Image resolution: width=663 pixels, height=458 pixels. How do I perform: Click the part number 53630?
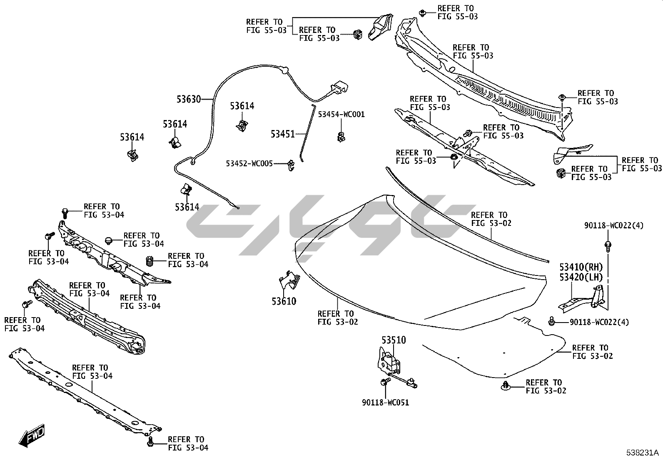(x=189, y=100)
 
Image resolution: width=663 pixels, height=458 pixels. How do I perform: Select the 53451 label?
(x=283, y=134)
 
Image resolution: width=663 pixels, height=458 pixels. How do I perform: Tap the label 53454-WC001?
(x=341, y=114)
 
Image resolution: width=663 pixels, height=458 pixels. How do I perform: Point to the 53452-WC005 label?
(x=249, y=164)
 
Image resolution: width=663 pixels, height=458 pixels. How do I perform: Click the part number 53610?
(x=284, y=301)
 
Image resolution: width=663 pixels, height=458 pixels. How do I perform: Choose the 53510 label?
(x=394, y=340)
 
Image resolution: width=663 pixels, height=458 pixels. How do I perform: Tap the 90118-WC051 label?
(x=385, y=403)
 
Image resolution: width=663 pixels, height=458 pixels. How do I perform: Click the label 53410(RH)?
(x=581, y=267)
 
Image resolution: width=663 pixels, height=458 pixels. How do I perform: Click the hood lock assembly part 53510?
(x=391, y=361)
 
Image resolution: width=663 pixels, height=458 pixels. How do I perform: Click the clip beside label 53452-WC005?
(x=291, y=165)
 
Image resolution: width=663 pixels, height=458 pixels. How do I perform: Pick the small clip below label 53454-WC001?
(x=341, y=136)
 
